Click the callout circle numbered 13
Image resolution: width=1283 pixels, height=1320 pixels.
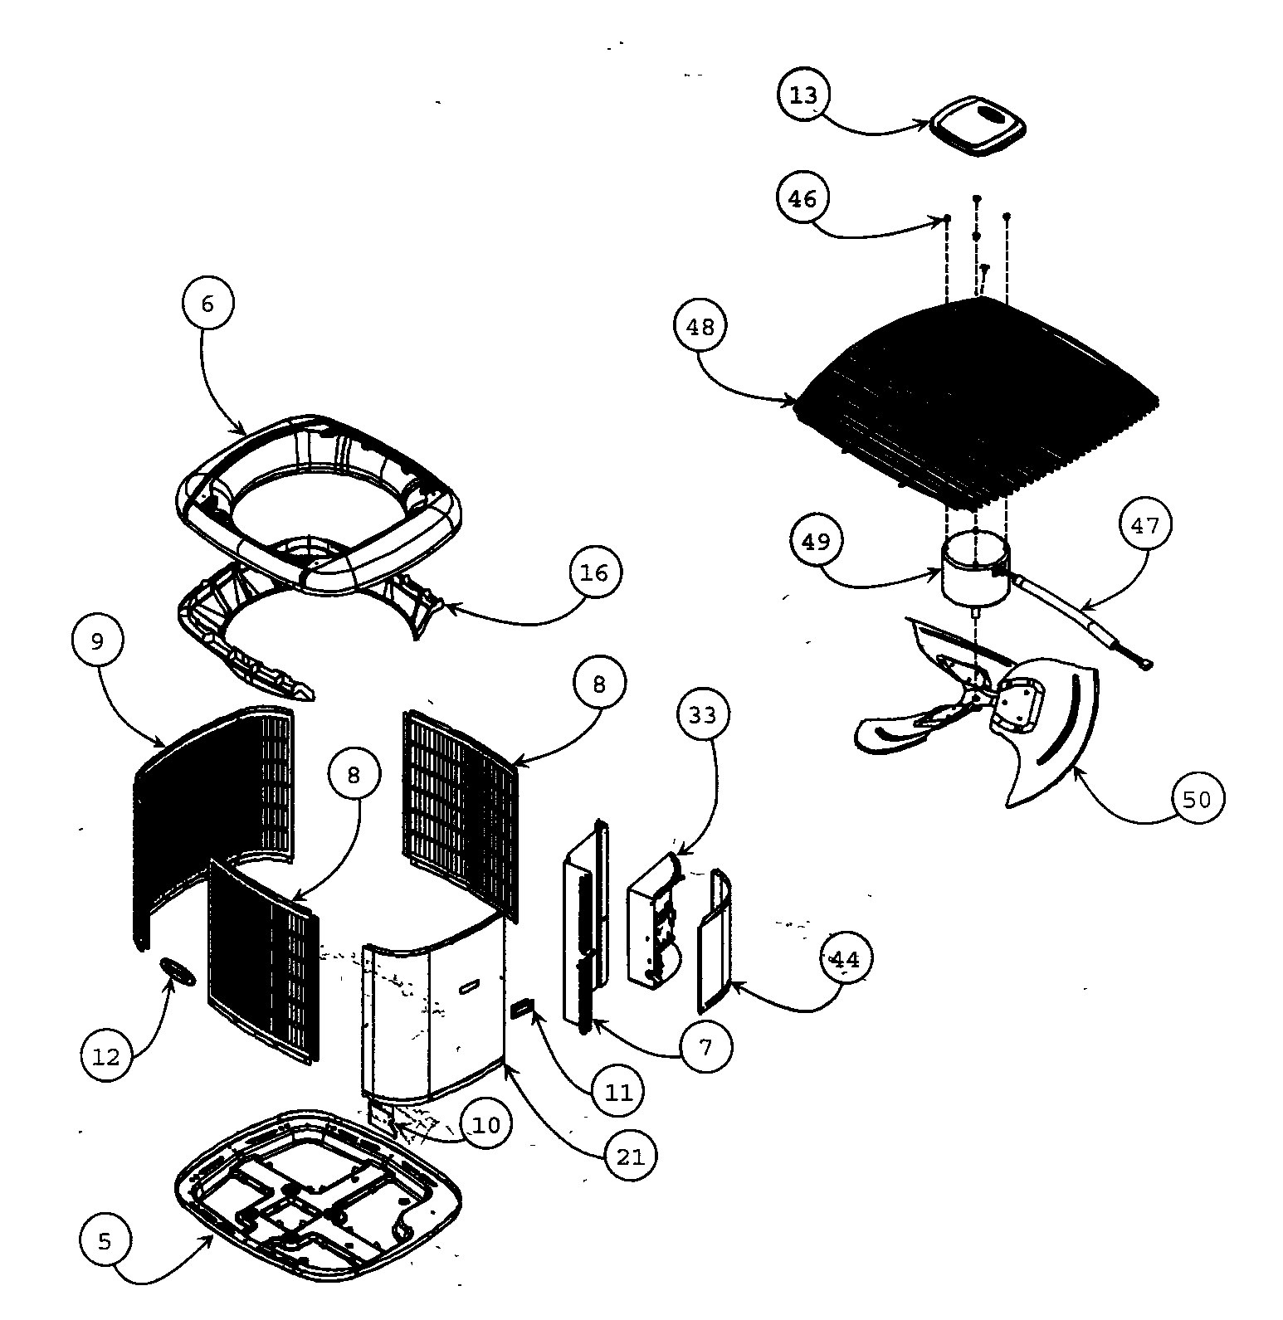(803, 95)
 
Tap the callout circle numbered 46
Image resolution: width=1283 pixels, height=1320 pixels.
(802, 199)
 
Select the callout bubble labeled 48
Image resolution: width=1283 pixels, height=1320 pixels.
(700, 327)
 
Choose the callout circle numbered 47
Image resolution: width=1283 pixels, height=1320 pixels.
(1145, 525)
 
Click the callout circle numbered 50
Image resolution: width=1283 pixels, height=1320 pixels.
(1197, 799)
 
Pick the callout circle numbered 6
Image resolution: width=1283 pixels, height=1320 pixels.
(207, 304)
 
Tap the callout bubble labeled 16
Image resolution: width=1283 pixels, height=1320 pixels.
(594, 572)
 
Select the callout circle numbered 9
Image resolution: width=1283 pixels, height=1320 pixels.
(98, 640)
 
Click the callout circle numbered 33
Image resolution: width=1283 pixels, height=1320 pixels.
(702, 714)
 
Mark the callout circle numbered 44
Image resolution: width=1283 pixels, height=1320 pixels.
(845, 959)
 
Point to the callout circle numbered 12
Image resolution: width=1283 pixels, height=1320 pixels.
(106, 1056)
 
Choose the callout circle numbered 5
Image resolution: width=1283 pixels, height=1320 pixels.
(105, 1241)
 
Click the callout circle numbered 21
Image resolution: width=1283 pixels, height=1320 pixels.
(631, 1156)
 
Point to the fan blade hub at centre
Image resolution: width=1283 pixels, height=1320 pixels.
(979, 698)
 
